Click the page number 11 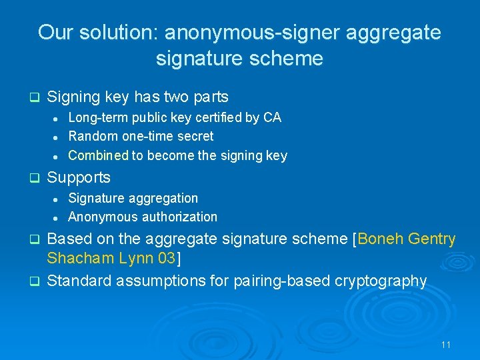(x=446, y=345)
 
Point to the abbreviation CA (x=272, y=117)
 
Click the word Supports (x=79, y=177)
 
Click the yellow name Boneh (x=383, y=239)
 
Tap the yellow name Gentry (x=435, y=239)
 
